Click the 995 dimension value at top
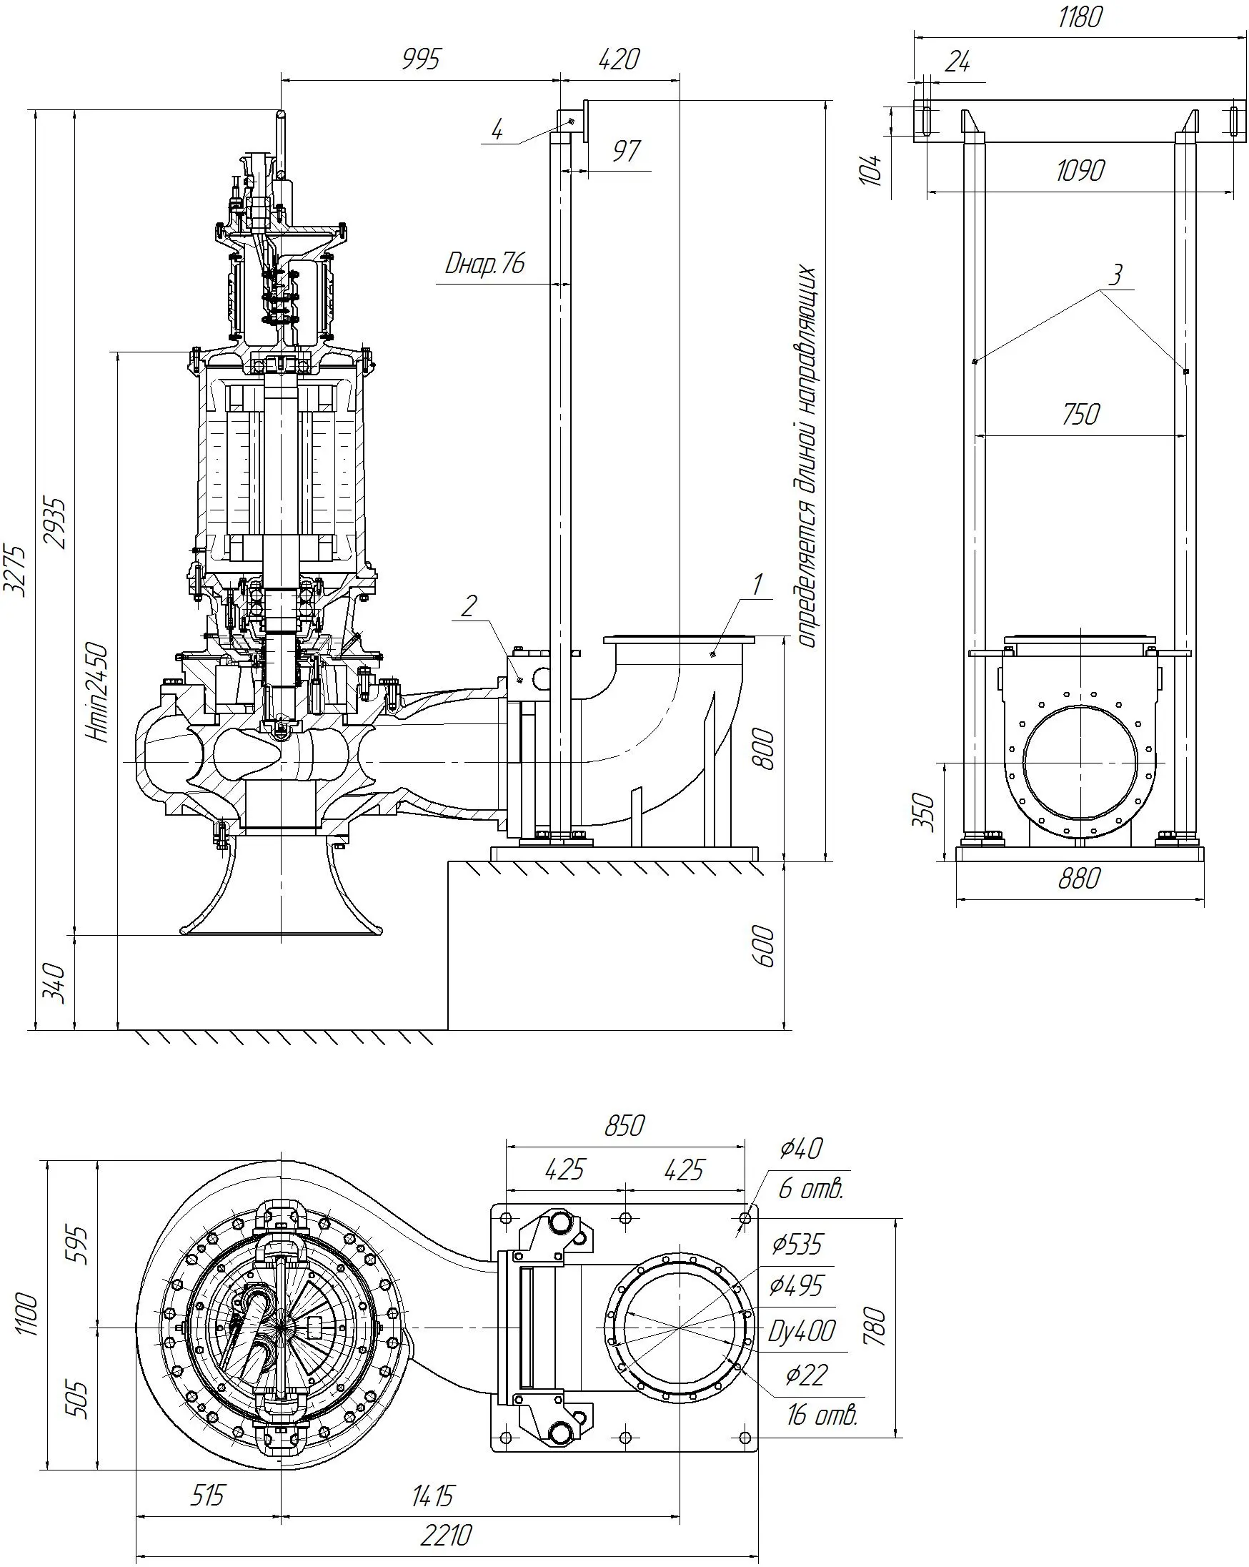421,59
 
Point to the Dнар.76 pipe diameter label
484,264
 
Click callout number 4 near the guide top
497,130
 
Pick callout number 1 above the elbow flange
757,583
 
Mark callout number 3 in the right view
1115,275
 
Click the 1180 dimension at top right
1080,16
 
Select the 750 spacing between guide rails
1080,415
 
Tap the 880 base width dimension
1079,879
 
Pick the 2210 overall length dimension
446,1536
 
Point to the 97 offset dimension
626,151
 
